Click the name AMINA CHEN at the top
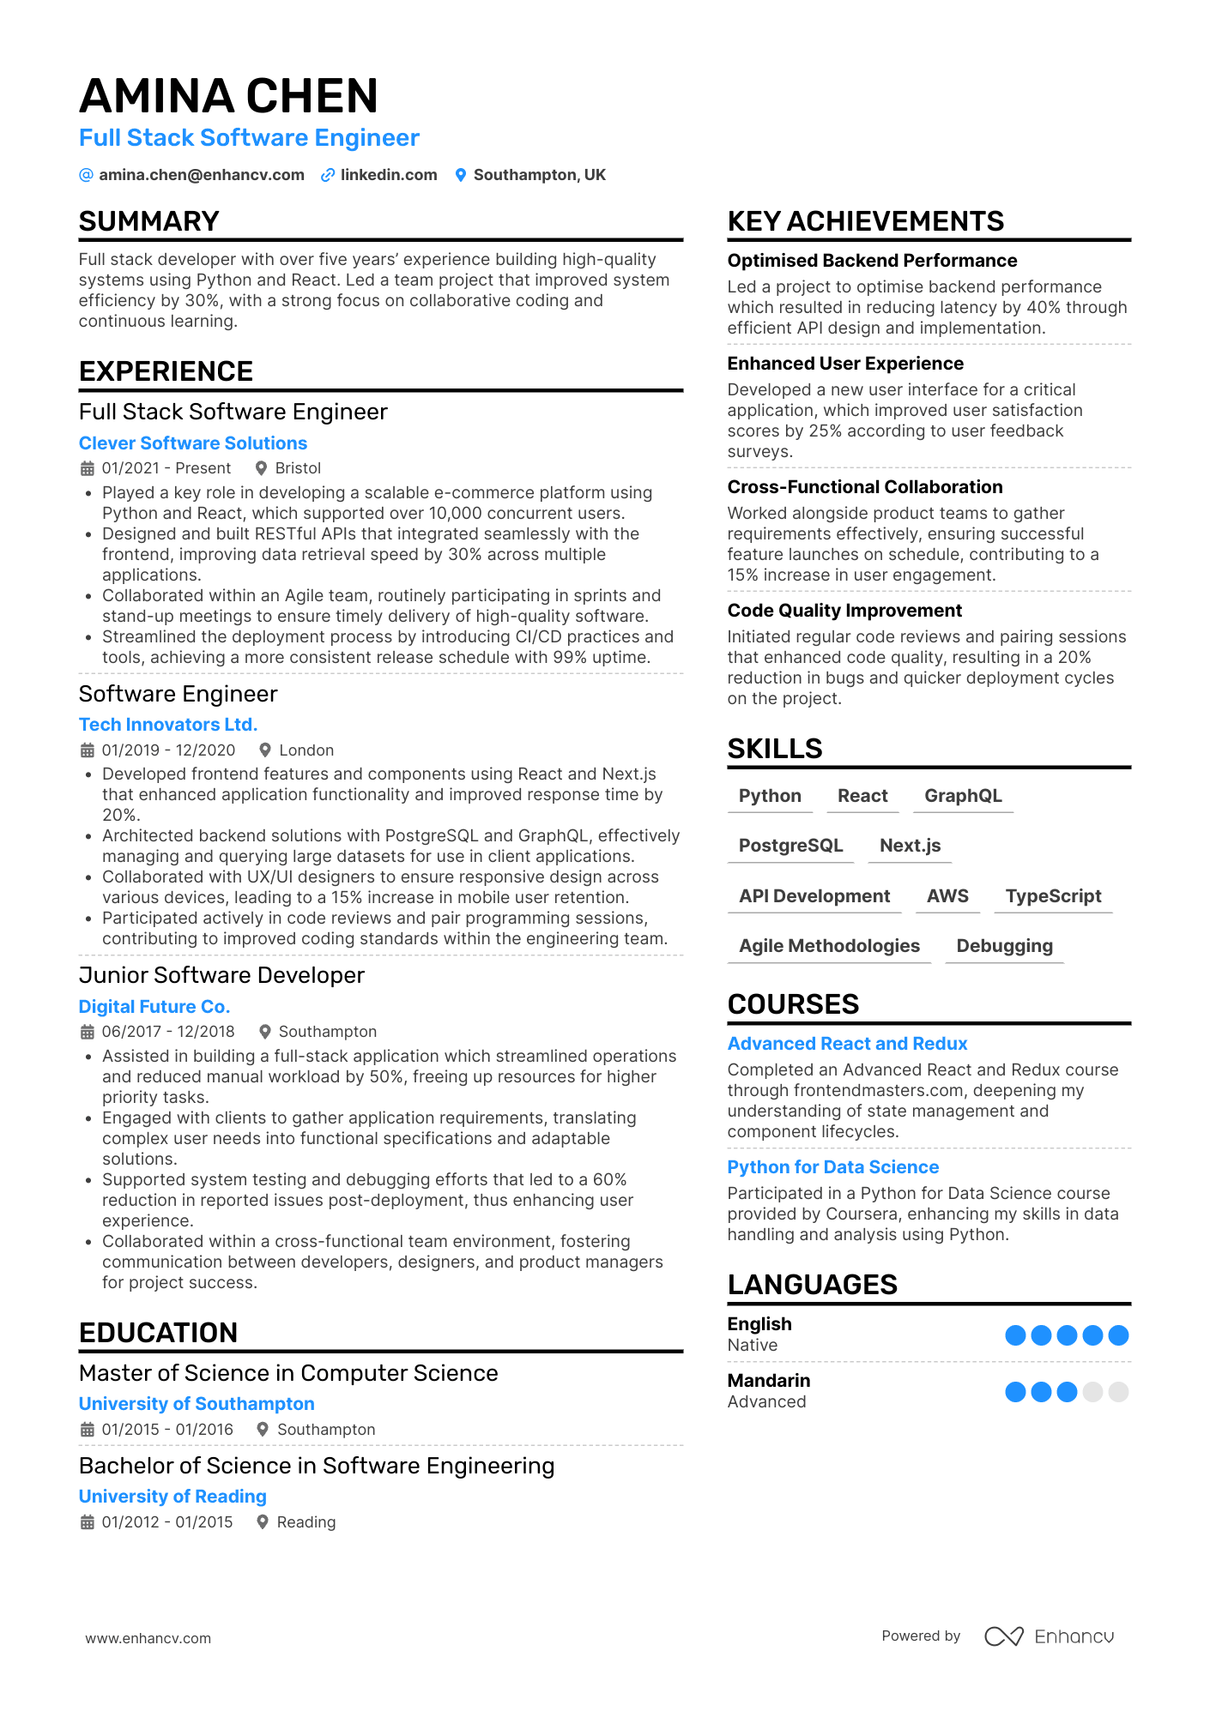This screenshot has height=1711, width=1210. (x=228, y=96)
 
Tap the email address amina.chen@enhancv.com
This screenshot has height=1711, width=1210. (x=201, y=175)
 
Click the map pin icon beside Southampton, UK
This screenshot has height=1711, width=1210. (x=461, y=175)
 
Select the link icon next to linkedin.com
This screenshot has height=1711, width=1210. (x=328, y=175)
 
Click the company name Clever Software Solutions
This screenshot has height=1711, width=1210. (x=193, y=443)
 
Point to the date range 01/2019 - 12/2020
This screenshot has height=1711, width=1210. (x=168, y=750)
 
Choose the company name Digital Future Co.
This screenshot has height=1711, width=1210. (x=154, y=1007)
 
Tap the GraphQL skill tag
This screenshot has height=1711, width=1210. (x=963, y=796)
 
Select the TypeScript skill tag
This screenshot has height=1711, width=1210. (x=1053, y=896)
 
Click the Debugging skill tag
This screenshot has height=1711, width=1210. (x=1004, y=946)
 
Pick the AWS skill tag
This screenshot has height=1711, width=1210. (x=947, y=896)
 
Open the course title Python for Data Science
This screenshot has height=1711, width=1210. (x=832, y=1167)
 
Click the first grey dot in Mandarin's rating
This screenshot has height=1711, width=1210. (x=1092, y=1392)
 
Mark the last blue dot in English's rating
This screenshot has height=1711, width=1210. (x=1118, y=1335)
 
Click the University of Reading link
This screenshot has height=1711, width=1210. (x=172, y=1497)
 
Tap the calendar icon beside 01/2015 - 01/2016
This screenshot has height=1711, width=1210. (x=87, y=1430)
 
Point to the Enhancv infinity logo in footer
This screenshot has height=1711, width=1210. (x=1003, y=1636)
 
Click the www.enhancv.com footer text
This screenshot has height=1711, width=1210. (x=148, y=1638)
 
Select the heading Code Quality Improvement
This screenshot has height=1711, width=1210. (x=844, y=611)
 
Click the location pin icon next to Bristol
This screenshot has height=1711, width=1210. (x=261, y=468)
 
